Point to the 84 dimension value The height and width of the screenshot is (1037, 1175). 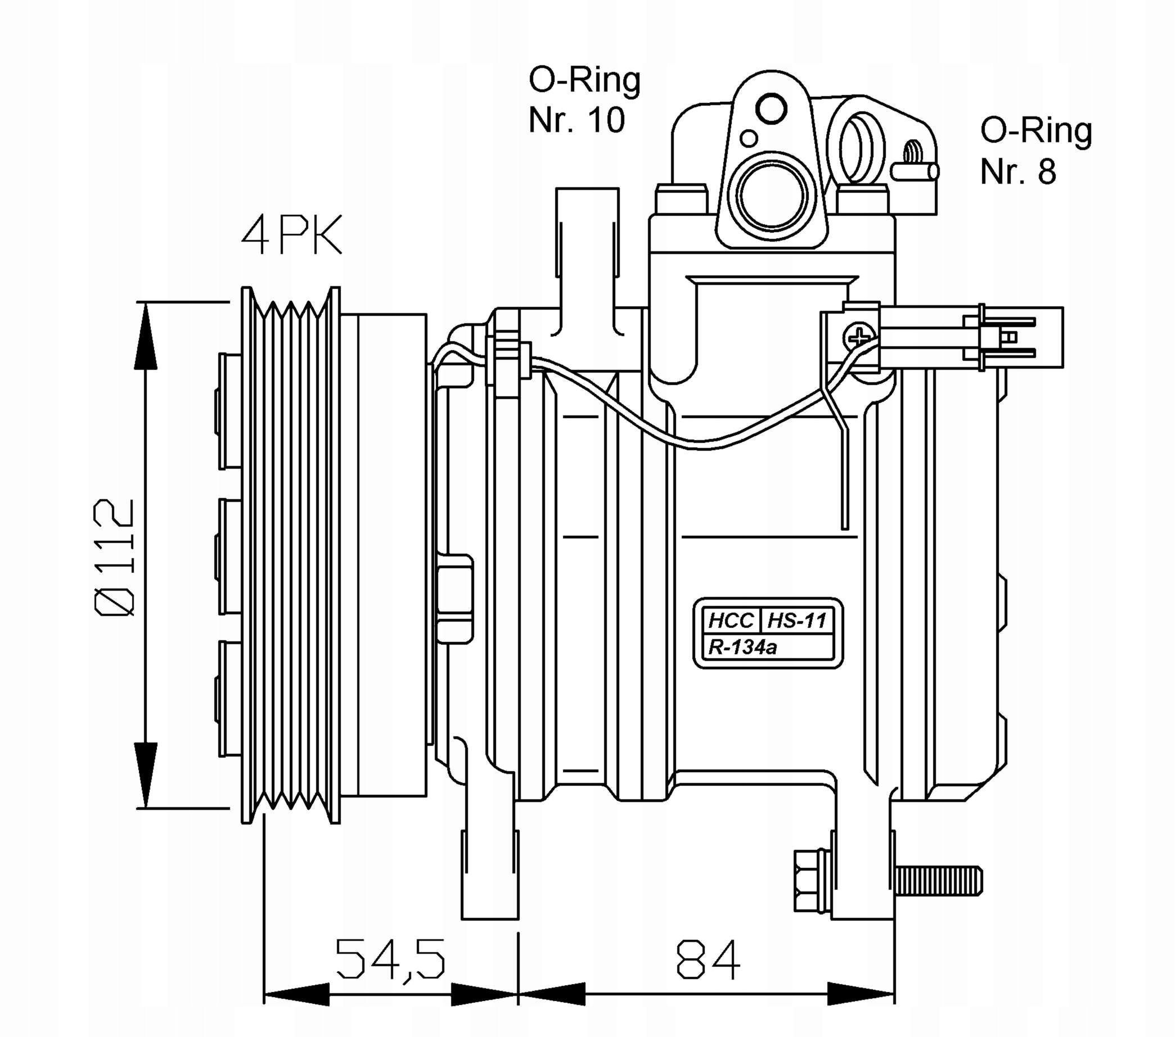(x=708, y=960)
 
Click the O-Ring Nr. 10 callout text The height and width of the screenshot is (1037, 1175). (x=583, y=100)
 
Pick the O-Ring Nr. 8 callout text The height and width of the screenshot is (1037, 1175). (x=1036, y=151)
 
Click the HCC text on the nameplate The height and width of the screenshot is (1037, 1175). (x=731, y=621)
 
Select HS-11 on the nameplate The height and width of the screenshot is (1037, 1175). (x=797, y=621)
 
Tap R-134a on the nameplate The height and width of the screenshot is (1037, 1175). (x=742, y=647)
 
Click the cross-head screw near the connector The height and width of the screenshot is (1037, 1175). (x=859, y=337)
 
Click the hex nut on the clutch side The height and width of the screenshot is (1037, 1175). (x=454, y=598)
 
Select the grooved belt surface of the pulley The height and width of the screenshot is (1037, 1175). (x=290, y=554)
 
